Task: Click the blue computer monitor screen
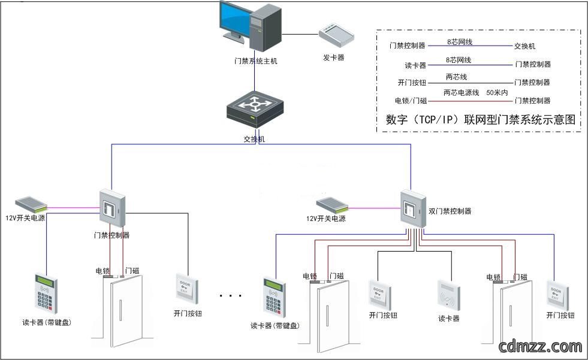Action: [235, 19]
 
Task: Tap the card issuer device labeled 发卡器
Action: [336, 36]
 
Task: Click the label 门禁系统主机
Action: [256, 61]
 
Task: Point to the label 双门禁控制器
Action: [450, 211]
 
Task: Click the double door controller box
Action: [413, 208]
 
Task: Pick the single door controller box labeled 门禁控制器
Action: [112, 208]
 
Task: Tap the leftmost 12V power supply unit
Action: [31, 204]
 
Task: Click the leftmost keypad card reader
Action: [46, 294]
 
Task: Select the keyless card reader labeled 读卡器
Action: [448, 295]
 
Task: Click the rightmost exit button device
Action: [557, 295]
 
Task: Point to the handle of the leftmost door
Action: [120, 310]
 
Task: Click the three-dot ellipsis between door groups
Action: [231, 295]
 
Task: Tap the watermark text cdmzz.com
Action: [540, 346]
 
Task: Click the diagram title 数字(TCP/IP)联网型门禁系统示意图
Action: [480, 119]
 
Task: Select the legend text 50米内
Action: [497, 92]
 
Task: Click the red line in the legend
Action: [471, 101]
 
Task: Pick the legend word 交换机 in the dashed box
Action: [524, 46]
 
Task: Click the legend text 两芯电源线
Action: [462, 92]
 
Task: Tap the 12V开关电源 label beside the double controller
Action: [326, 219]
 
